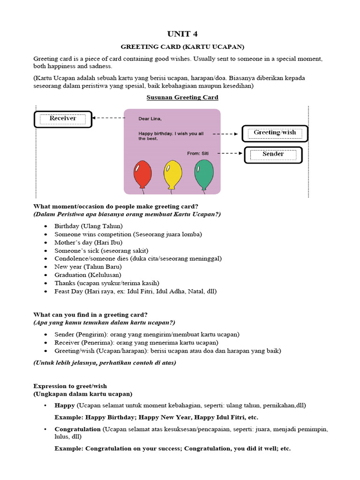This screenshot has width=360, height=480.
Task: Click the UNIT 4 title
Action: click(180, 34)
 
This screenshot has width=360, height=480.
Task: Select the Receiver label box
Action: click(63, 119)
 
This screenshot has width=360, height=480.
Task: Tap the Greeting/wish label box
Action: click(275, 133)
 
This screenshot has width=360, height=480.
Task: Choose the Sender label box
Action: click(273, 154)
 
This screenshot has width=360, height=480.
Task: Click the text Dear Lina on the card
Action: click(150, 119)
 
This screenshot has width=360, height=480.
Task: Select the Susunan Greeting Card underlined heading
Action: click(182, 97)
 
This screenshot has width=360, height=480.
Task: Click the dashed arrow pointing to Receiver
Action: click(108, 118)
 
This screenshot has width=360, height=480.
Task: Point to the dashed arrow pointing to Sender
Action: click(230, 153)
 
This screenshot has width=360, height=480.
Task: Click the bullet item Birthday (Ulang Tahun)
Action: click(88, 226)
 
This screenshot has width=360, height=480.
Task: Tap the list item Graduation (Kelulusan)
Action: click(88, 275)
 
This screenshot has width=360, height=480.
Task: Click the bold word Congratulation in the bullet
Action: click(77, 429)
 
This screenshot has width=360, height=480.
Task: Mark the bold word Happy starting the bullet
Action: click(65, 405)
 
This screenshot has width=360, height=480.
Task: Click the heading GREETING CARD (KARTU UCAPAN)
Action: click(182, 47)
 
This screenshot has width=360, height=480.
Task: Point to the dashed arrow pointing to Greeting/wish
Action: click(226, 134)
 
